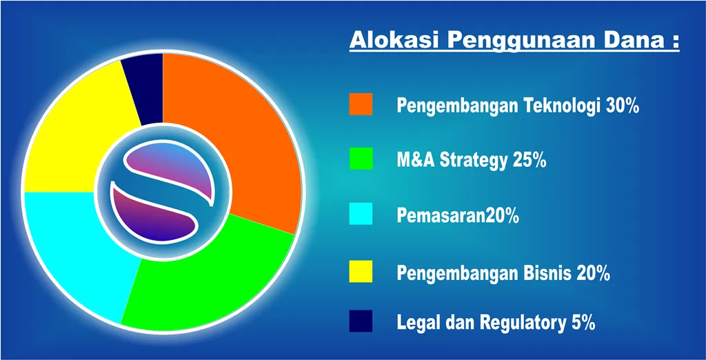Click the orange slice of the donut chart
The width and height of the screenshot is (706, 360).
pyautogui.click(x=252, y=135)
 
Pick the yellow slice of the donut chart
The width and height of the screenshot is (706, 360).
pyautogui.click(x=72, y=135)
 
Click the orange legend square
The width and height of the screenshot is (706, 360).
pyautogui.click(x=361, y=104)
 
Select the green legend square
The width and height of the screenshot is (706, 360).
pyautogui.click(x=361, y=159)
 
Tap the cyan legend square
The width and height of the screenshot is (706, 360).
pyautogui.click(x=361, y=214)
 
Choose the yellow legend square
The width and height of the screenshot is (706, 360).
pyautogui.click(x=361, y=271)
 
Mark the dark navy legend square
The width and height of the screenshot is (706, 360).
pyautogui.click(x=361, y=321)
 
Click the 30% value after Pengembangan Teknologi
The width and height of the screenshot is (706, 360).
pyautogui.click(x=623, y=106)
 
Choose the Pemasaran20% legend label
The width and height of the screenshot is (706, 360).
pyautogui.click(x=458, y=216)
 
